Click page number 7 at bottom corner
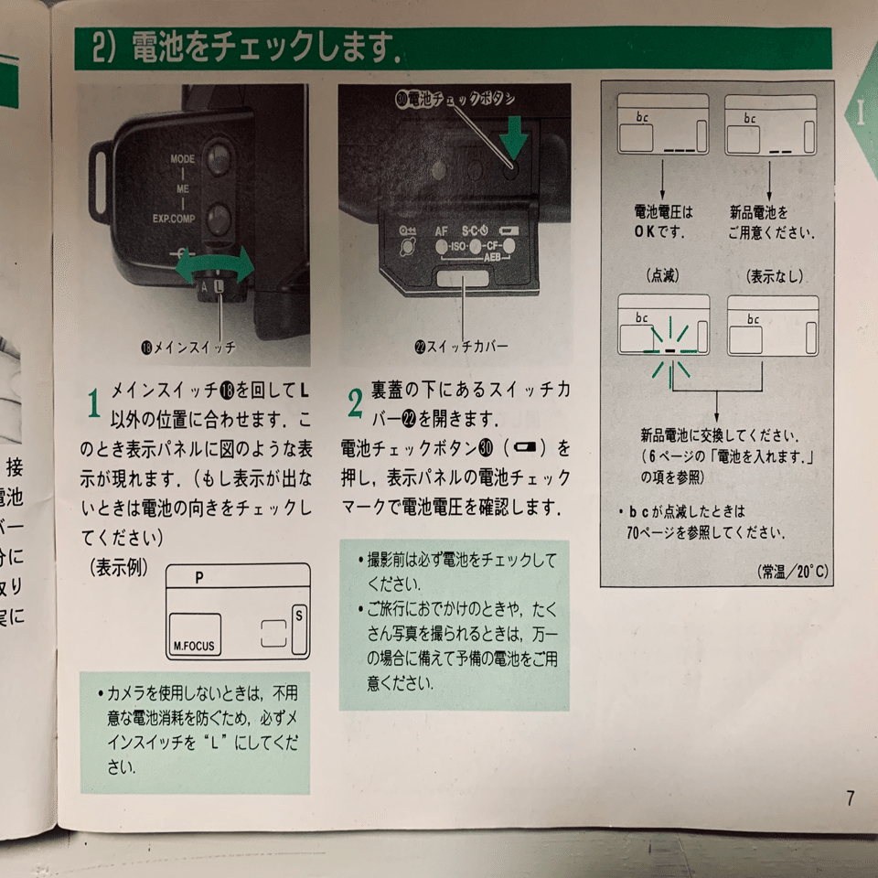tap(850, 798)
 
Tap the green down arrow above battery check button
tap(514, 136)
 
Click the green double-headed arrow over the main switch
tap(215, 266)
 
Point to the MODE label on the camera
tap(182, 159)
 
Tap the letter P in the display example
tap(199, 578)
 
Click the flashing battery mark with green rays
tap(669, 350)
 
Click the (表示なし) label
tap(773, 274)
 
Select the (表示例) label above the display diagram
tap(119, 566)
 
